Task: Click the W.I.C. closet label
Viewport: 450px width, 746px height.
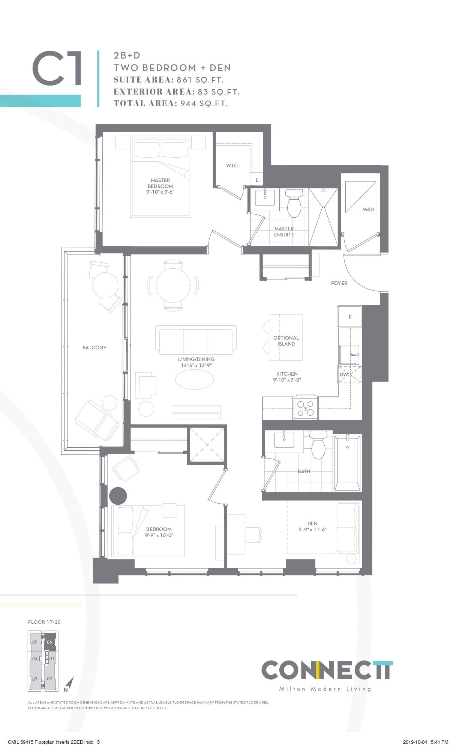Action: point(232,166)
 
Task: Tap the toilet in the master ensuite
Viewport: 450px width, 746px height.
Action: point(294,203)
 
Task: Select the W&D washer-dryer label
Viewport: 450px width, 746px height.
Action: point(368,209)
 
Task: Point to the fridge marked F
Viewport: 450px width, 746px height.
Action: point(350,317)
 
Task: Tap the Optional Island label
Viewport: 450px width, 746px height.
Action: point(286,341)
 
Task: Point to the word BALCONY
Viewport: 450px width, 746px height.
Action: point(94,348)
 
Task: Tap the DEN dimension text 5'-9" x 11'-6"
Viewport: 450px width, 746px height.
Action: point(312,529)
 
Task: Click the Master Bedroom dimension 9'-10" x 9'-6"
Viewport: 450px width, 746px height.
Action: point(160,192)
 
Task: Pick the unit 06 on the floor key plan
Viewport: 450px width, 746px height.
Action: point(49,642)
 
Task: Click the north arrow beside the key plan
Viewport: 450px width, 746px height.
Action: point(69,684)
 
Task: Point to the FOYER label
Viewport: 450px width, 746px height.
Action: point(339,283)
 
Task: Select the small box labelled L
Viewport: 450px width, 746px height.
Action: point(257,180)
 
